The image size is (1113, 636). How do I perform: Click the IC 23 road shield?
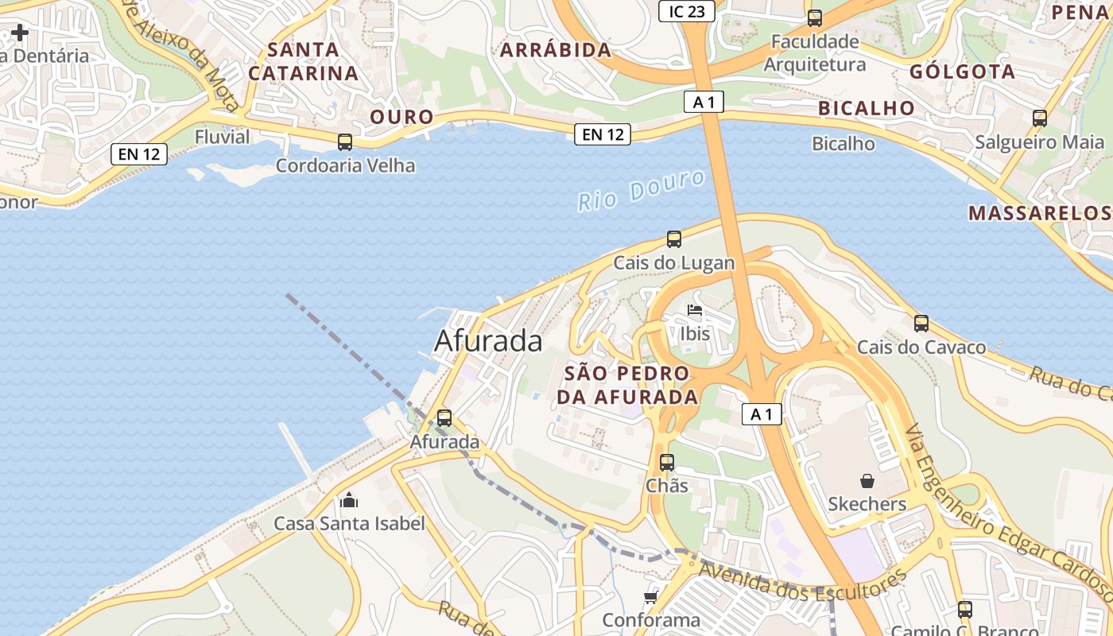pos(687,11)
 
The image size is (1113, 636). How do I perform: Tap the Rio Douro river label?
pos(641,189)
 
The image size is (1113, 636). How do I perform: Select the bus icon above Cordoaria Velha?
pos(345,142)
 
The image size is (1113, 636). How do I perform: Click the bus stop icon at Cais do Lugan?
pos(674,238)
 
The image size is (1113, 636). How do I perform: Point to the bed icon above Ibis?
pos(695,310)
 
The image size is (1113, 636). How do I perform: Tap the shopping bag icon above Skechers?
pos(867,481)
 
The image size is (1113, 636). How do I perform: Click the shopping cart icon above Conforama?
pos(651,596)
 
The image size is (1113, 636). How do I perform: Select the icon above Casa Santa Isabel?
pos(348,500)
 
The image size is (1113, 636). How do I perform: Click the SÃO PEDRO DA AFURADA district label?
pos(627,385)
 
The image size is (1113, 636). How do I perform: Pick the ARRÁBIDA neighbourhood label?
pos(556,50)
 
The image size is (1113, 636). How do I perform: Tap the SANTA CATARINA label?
pos(304,61)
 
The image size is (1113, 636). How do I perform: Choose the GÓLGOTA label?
pos(962,72)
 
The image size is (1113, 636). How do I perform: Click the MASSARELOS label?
pos(1038,213)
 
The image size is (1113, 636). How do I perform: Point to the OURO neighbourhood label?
pos(402,117)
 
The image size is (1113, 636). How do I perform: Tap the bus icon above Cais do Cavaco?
pos(921,324)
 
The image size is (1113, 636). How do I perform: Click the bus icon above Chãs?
pos(667,462)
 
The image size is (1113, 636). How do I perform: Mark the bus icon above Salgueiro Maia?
pos(1039,118)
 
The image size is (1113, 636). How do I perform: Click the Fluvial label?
pos(223,137)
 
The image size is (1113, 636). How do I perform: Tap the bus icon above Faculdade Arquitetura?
pos(815,18)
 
